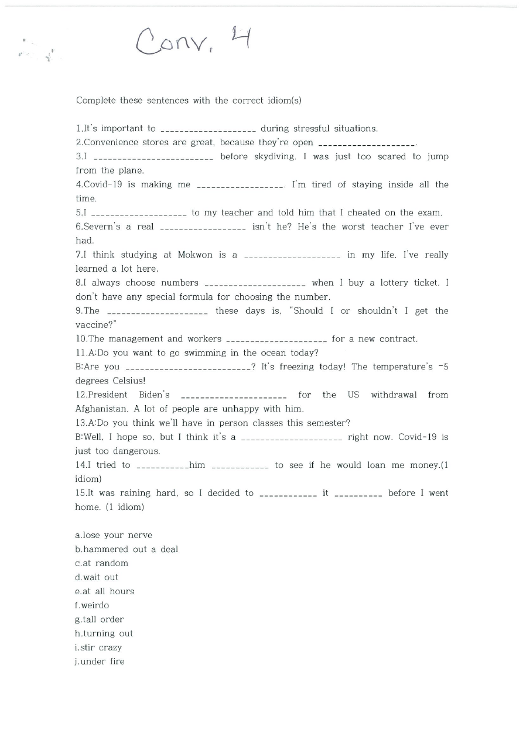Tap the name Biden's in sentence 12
point(154,395)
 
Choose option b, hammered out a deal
point(127,550)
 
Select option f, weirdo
point(92,606)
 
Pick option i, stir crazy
point(99,648)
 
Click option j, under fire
point(100,662)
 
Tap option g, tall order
point(100,620)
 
